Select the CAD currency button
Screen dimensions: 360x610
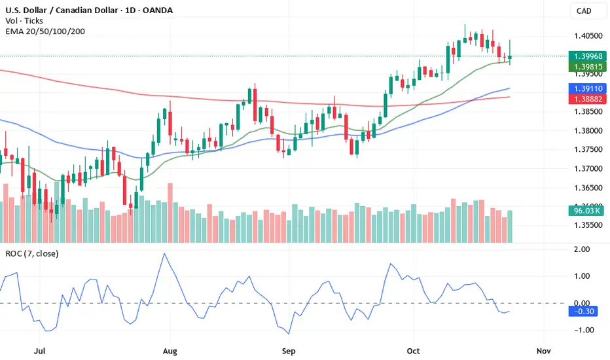coord(584,10)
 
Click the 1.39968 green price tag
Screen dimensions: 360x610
coord(584,56)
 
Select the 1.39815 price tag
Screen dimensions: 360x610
coord(584,67)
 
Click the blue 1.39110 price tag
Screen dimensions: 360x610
coord(584,88)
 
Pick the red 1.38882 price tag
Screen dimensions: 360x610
coord(584,99)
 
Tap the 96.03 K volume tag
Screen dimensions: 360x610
coord(584,211)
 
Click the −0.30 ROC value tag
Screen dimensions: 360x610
coord(584,312)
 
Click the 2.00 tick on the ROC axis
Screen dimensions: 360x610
coord(580,249)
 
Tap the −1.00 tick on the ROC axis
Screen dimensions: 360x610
coord(580,330)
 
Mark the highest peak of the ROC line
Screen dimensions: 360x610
coord(164,254)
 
